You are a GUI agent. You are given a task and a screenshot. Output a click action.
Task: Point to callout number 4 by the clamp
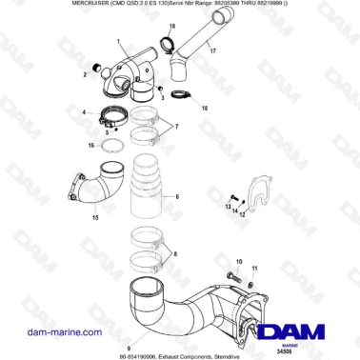pos(86,111)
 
